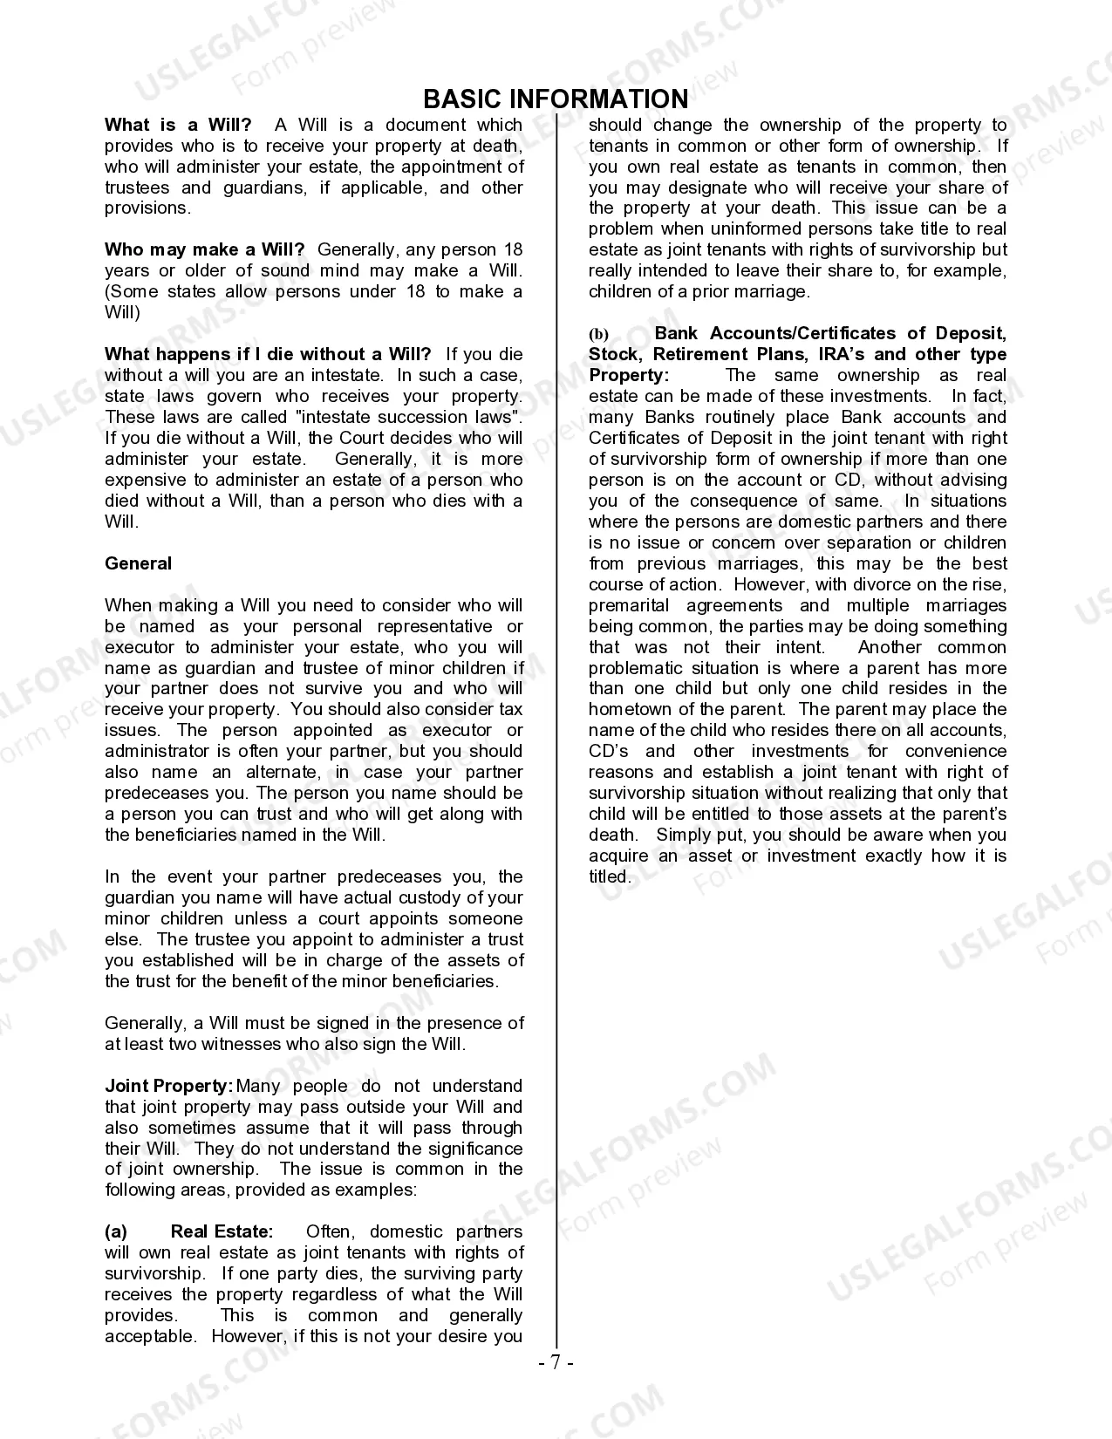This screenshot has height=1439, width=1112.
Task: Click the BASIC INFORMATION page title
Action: (556, 99)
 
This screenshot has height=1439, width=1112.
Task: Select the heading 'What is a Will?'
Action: (178, 125)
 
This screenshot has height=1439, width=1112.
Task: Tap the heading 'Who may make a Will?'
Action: (205, 250)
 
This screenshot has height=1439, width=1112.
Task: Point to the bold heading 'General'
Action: (138, 563)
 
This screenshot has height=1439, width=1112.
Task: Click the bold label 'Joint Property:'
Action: (168, 1086)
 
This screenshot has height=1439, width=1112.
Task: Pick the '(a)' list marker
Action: (116, 1231)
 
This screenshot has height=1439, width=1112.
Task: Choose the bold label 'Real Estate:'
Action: (222, 1231)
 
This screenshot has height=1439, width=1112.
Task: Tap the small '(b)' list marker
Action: (598, 334)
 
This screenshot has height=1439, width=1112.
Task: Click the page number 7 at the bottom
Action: (556, 1362)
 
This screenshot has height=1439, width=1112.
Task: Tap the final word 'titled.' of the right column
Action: (609, 876)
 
